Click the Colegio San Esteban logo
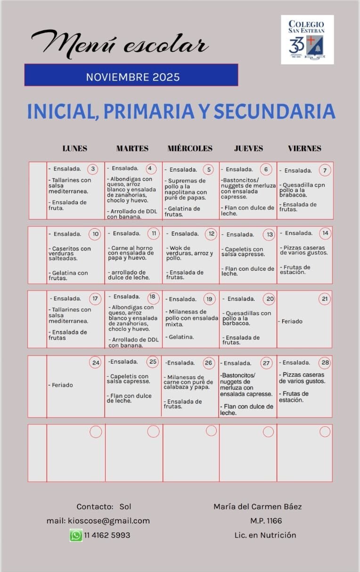[307, 40]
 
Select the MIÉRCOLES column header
[190, 148]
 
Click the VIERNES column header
[304, 148]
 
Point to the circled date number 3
[93, 169]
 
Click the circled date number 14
[325, 233]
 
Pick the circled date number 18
[152, 297]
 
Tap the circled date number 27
[267, 363]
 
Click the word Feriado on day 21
[292, 321]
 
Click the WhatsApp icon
[76, 535]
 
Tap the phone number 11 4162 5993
[107, 535]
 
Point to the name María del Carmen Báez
[257, 506]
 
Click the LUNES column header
[75, 148]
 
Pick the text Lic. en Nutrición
[265, 535]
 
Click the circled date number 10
[96, 233]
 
